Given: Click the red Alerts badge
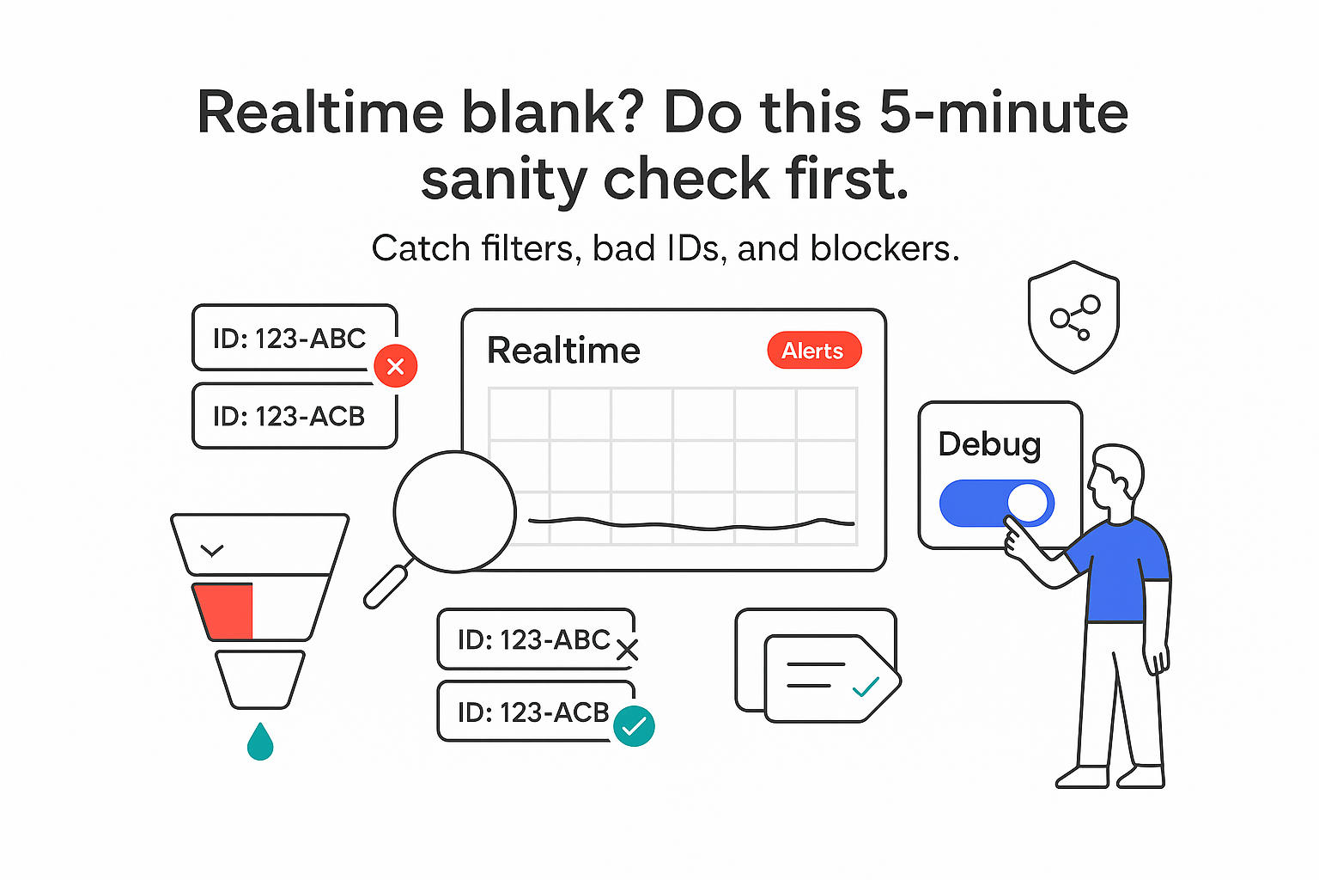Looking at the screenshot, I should (x=813, y=351).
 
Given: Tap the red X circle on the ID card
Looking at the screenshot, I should (x=396, y=366).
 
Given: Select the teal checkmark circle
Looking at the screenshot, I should (x=634, y=726).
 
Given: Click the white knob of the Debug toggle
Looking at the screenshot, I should (x=1029, y=503).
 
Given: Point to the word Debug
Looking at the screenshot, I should (x=989, y=444).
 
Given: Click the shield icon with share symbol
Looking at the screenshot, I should (x=1073, y=317).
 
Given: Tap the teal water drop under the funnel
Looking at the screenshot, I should (x=260, y=742).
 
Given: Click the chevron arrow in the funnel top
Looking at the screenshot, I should (x=211, y=550).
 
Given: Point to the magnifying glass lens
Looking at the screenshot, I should (x=454, y=511).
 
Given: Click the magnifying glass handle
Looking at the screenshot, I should (x=386, y=587).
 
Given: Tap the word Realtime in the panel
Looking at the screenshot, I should (x=563, y=351).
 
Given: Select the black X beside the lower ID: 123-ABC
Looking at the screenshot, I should (x=628, y=651).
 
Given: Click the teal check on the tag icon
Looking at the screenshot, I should (x=866, y=687).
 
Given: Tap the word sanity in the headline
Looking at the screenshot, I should (x=504, y=180).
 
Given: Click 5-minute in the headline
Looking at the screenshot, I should (x=1003, y=113).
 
